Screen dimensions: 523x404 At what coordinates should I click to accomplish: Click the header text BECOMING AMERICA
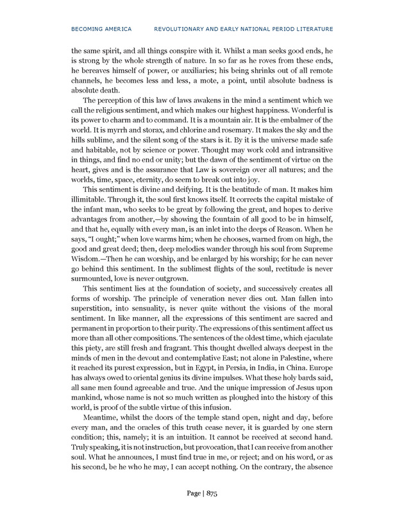click(x=101, y=29)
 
